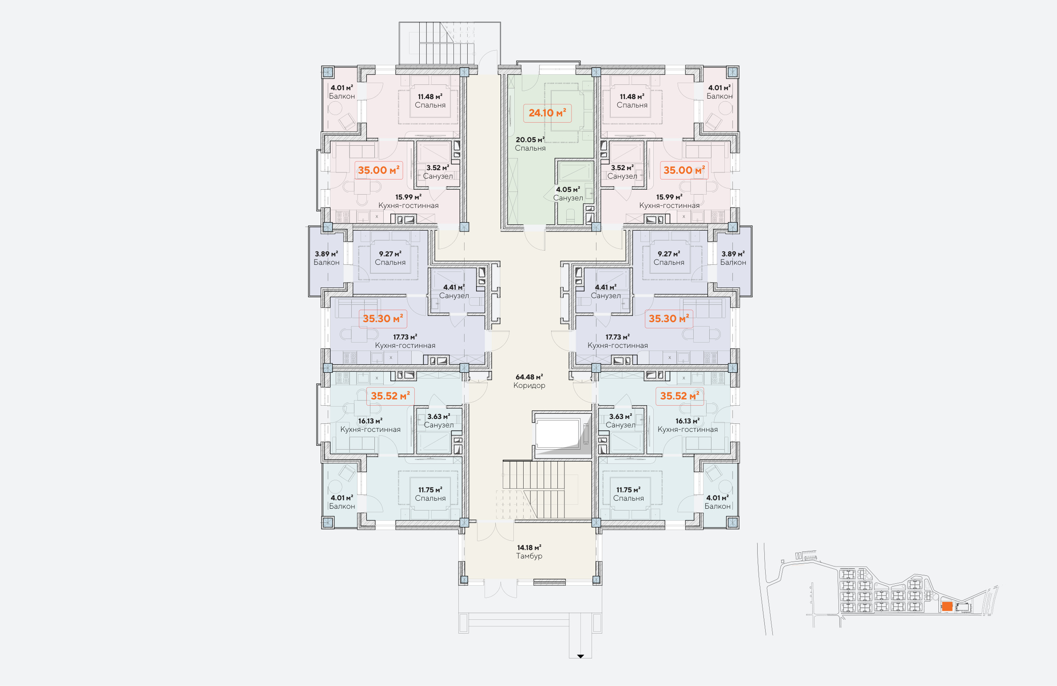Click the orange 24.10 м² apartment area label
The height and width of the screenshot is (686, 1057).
[x=547, y=113]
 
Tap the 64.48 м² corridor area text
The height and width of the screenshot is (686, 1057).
[x=529, y=377]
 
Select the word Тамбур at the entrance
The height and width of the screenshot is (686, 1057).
[x=529, y=556]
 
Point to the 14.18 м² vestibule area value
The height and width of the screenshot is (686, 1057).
[x=529, y=547]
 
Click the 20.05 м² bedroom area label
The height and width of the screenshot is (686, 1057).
[x=530, y=140]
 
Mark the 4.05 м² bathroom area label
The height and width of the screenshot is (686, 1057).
[x=568, y=189]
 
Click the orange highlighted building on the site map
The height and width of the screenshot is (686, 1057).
[x=947, y=606]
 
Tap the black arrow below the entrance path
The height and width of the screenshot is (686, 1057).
[x=580, y=656]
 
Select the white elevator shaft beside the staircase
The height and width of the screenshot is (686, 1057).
[x=557, y=433]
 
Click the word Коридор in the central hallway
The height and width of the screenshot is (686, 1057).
[x=529, y=385]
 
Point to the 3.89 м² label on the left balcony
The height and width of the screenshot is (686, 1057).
[x=326, y=254]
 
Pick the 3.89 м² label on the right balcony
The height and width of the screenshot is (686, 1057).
[x=733, y=254]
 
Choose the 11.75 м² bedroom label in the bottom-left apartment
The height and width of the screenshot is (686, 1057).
[x=430, y=490]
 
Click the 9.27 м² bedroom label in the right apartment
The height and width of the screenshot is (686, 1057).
[x=669, y=254]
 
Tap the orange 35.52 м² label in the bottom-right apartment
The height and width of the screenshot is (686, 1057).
[x=679, y=396]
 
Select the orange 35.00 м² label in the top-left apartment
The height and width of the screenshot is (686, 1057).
[x=378, y=170]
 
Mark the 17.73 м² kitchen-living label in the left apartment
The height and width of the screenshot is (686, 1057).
[x=405, y=337]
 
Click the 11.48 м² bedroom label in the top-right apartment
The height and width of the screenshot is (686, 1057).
[x=632, y=96]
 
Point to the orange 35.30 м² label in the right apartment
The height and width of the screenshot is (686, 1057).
[x=669, y=319]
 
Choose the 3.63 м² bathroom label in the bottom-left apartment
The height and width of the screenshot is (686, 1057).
[x=438, y=416]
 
